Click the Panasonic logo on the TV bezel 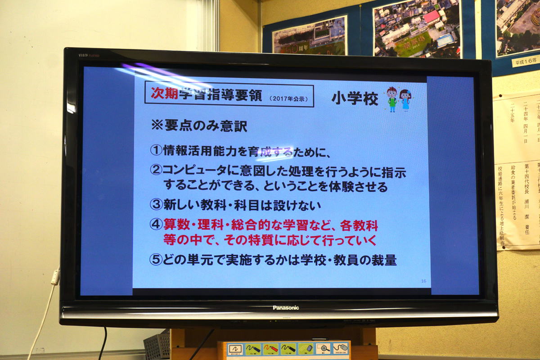(285, 308)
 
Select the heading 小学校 (355, 99)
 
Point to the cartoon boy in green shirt (392, 99)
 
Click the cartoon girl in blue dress (405, 99)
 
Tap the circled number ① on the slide (156, 151)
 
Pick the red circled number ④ (156, 225)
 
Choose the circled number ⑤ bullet (156, 260)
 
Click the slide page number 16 (423, 281)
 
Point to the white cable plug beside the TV (55, 276)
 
